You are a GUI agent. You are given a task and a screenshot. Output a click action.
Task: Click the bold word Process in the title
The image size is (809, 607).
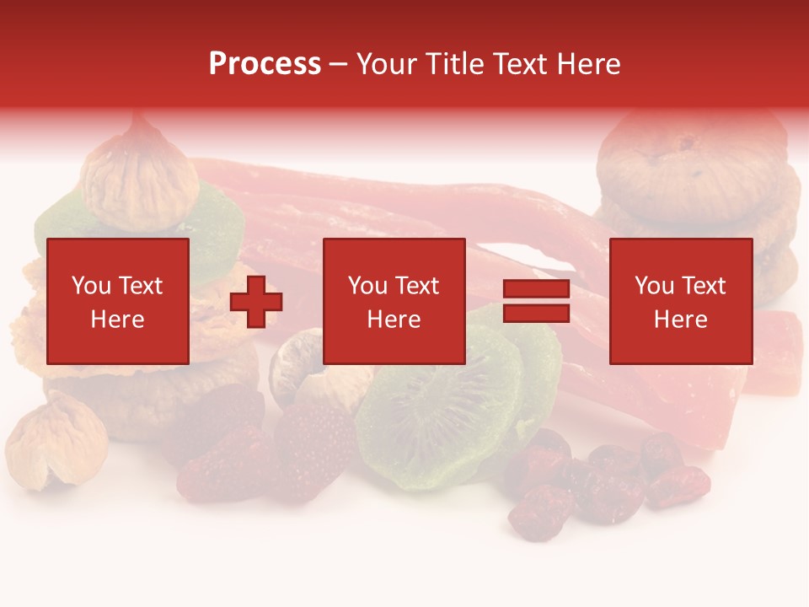pos(265,63)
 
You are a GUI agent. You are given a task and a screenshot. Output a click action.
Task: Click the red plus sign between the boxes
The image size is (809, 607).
pos(256,302)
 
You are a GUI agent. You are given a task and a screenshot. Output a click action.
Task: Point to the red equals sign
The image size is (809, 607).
pos(536,302)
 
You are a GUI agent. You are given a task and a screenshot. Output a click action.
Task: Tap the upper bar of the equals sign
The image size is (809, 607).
pos(536,290)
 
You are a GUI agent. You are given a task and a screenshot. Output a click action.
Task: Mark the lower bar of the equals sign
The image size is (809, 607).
pos(536,314)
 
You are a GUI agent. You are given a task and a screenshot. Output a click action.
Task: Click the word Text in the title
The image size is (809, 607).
pos(518,63)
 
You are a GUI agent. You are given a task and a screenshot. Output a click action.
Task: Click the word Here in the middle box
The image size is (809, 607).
pos(394,320)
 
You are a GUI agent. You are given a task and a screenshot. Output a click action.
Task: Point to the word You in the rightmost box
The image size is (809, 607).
pos(654,286)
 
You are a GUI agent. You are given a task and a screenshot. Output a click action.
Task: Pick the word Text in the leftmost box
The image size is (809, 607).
pos(141,286)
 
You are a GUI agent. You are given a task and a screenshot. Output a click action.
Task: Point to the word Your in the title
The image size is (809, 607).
pos(388,63)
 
